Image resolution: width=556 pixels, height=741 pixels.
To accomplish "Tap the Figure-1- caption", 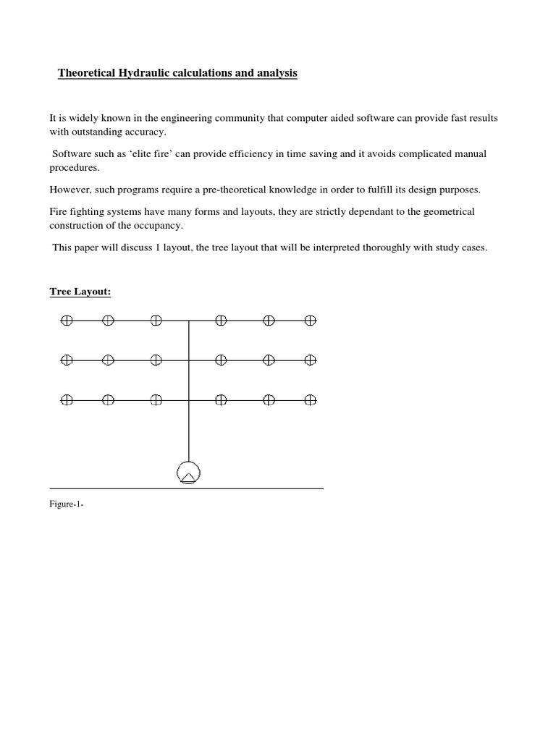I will (67, 506).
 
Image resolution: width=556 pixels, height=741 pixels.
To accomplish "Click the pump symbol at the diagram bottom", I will (188, 473).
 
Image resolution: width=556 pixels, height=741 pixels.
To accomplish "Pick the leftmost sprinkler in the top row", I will (67, 320).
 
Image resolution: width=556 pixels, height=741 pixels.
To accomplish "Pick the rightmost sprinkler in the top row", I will (311, 320).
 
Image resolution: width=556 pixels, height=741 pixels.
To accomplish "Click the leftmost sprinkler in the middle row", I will (67, 360).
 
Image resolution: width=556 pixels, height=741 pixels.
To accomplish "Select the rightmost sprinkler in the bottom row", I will (311, 399).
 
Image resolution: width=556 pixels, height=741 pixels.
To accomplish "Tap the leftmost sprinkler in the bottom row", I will (67, 399).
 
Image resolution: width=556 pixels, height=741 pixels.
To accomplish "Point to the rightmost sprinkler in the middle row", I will (311, 360).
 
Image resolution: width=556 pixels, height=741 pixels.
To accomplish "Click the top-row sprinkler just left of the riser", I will (156, 320).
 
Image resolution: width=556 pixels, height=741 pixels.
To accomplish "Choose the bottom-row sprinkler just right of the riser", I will (222, 399).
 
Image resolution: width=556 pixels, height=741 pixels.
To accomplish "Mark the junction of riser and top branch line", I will (189, 320).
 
